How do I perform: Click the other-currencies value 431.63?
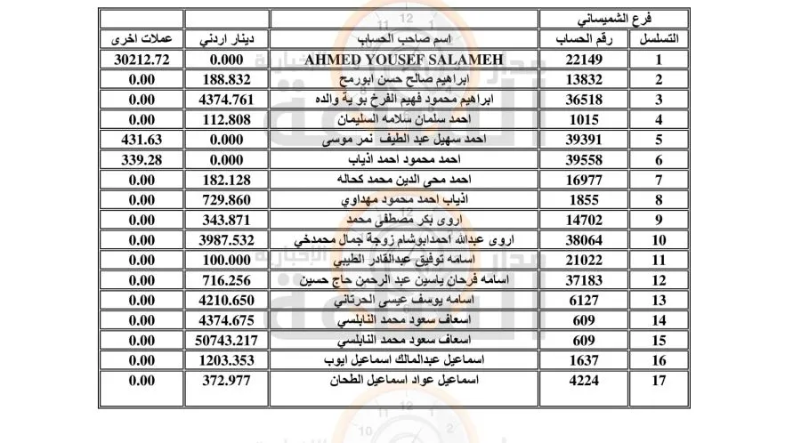click(x=138, y=140)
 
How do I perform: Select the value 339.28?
click(x=138, y=160)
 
